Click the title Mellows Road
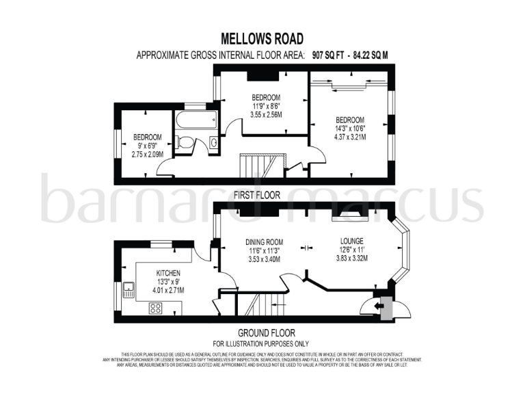[x=262, y=39]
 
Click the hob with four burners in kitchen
[x=156, y=307]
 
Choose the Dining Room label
[x=264, y=241]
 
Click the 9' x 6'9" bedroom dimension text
[x=147, y=145]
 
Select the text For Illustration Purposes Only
[x=261, y=343]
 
